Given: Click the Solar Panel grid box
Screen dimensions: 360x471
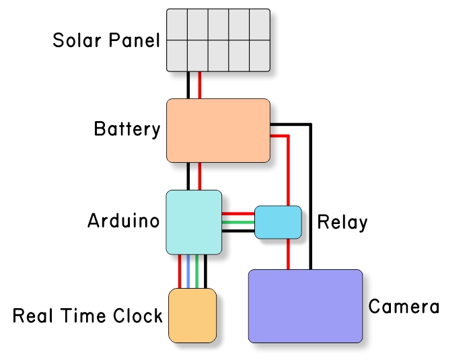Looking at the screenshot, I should pyautogui.click(x=218, y=40).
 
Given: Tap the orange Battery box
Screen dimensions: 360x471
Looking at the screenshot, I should pyautogui.click(x=218, y=131).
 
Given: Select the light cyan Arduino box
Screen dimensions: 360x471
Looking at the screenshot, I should pyautogui.click(x=194, y=222).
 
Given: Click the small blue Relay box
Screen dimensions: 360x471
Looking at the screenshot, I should pyautogui.click(x=278, y=222).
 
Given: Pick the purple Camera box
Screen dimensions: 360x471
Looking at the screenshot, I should pyautogui.click(x=305, y=306).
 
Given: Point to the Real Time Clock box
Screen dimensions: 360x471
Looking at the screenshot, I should pyautogui.click(x=192, y=315).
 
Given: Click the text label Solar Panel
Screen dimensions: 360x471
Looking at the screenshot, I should pyautogui.click(x=106, y=40).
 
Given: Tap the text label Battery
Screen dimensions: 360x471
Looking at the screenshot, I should pyautogui.click(x=127, y=129).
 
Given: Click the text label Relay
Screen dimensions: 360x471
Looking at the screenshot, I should pyautogui.click(x=342, y=221).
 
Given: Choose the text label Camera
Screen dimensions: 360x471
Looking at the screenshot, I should pyautogui.click(x=404, y=308).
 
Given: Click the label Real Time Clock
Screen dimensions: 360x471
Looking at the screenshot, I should pyautogui.click(x=87, y=316).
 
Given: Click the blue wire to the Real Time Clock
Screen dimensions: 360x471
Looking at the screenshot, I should pyautogui.click(x=188, y=272).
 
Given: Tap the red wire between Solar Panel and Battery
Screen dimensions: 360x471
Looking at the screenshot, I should pyautogui.click(x=200, y=85).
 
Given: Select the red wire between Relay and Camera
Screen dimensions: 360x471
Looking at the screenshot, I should pyautogui.click(x=289, y=254).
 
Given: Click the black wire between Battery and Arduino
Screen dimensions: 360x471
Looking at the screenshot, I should pyautogui.click(x=189, y=176).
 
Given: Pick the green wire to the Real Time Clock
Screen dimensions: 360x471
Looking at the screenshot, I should pyautogui.click(x=196, y=272).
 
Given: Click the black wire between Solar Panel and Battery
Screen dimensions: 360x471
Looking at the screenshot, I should pyautogui.click(x=189, y=85).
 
